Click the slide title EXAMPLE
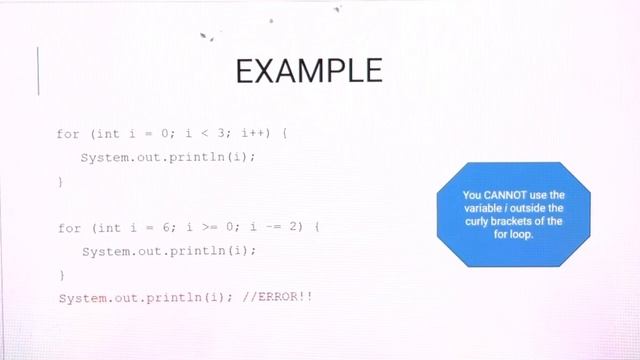point(308,71)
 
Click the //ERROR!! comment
point(284,298)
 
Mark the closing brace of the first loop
point(60,181)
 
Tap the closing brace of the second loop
point(60,274)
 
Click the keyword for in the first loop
point(68,133)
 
